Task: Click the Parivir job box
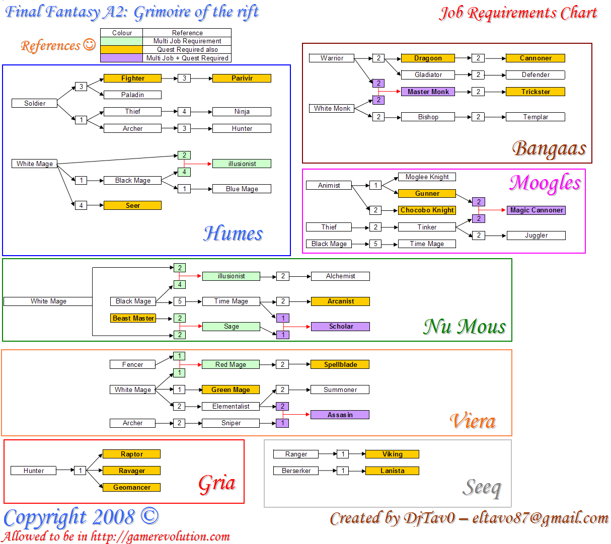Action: tap(242, 78)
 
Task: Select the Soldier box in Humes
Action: tap(35, 103)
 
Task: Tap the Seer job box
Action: tap(132, 205)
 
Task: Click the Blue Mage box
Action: tap(242, 189)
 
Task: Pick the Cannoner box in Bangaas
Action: tap(535, 58)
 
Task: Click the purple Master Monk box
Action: tap(428, 92)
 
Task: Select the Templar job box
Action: tap(535, 117)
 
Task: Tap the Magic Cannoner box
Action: tap(536, 210)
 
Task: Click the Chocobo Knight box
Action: tap(427, 210)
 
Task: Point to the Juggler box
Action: tap(536, 235)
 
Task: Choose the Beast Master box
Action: tap(133, 318)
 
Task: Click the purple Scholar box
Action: tap(341, 326)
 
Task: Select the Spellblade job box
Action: tap(340, 364)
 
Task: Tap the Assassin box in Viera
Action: tap(340, 415)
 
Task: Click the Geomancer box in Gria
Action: tap(131, 487)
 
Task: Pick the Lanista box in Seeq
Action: tap(392, 471)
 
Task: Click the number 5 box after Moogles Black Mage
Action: tap(375, 244)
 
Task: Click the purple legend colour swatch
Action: tap(121, 58)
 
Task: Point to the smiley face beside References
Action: tap(89, 45)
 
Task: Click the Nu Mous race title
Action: tap(464, 327)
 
